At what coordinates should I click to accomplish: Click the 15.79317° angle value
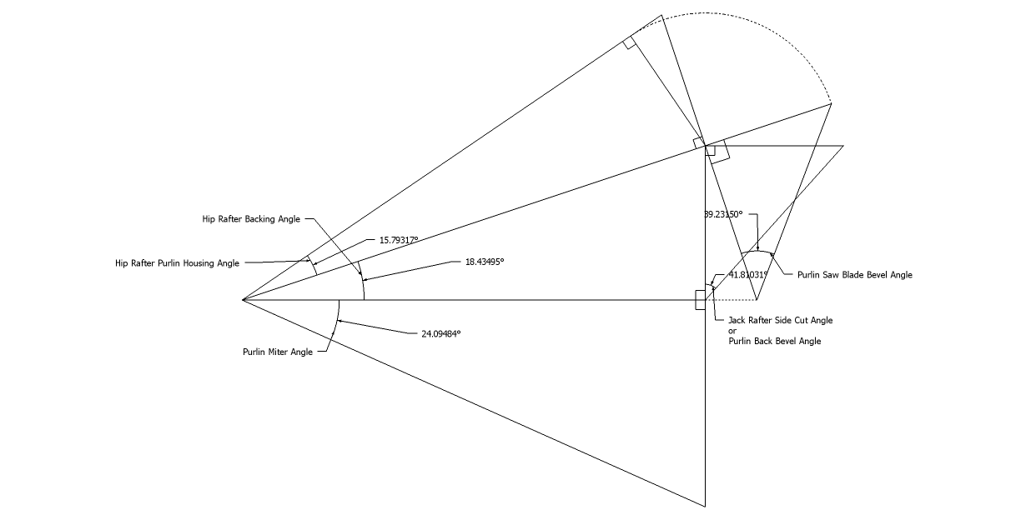(399, 240)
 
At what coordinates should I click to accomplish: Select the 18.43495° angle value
(485, 262)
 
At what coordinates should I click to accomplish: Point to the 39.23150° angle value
(723, 214)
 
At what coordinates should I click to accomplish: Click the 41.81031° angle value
(748, 274)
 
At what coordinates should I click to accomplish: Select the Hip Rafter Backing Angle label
(251, 219)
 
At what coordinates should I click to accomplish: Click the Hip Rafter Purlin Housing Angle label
(177, 263)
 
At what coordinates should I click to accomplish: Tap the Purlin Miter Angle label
(278, 352)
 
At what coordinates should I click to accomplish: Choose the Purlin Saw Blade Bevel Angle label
(854, 274)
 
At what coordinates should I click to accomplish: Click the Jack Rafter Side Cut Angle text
(780, 320)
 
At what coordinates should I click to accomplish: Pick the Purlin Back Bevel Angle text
(774, 341)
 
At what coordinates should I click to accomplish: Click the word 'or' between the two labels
(732, 331)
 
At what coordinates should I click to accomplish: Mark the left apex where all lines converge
(243, 299)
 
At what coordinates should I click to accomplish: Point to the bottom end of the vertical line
(706, 506)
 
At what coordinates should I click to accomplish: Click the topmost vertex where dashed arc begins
(661, 15)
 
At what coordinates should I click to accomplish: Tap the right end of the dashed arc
(832, 102)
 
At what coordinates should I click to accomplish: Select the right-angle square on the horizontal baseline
(700, 300)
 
